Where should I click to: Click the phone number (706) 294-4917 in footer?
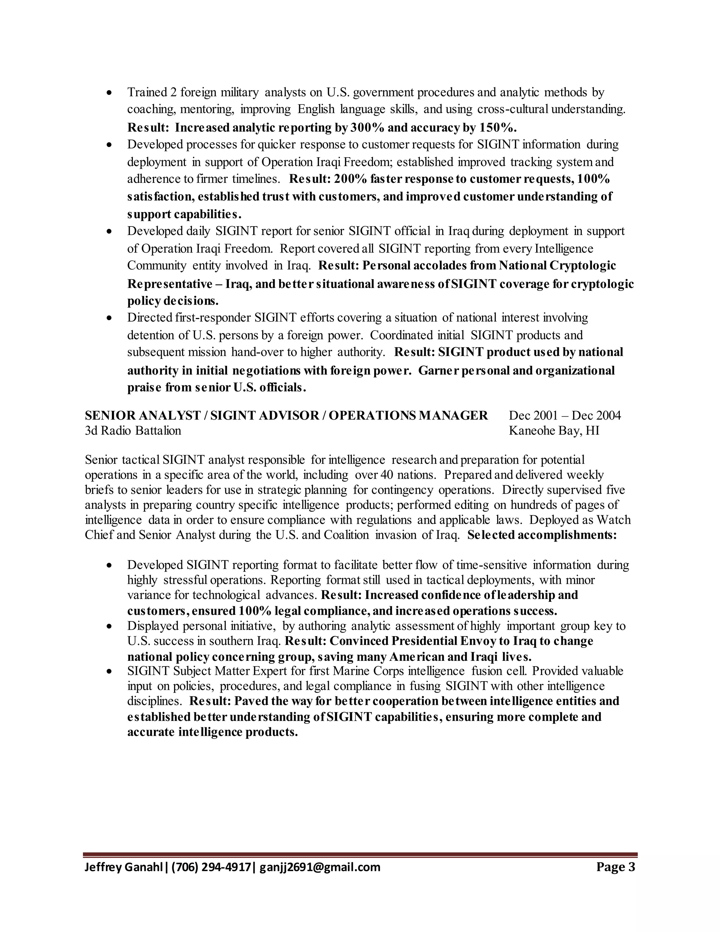tap(212, 867)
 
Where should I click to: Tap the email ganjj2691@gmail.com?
tap(320, 867)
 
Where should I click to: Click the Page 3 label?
tap(616, 867)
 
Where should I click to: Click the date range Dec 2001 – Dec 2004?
tap(565, 415)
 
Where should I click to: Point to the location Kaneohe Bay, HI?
tap(554, 430)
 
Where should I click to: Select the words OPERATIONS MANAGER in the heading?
tap(408, 415)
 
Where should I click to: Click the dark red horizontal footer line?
tap(360, 854)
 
